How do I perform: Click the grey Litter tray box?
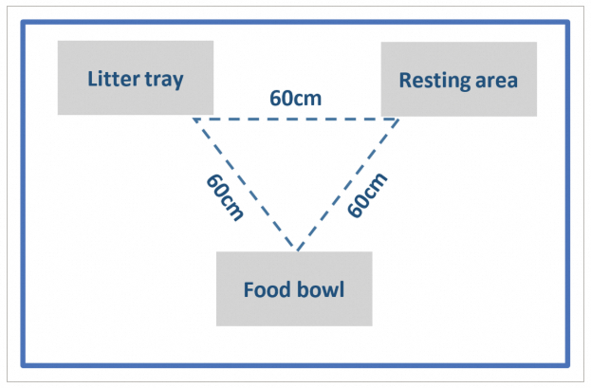[x=135, y=78]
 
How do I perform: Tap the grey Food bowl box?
[x=294, y=288]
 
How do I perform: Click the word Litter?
[x=113, y=79]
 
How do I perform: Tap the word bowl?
[x=321, y=289]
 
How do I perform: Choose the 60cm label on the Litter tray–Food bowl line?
[x=224, y=195]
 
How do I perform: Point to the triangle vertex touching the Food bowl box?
[x=297, y=250]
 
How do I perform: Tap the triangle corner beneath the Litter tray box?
[x=193, y=120]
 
